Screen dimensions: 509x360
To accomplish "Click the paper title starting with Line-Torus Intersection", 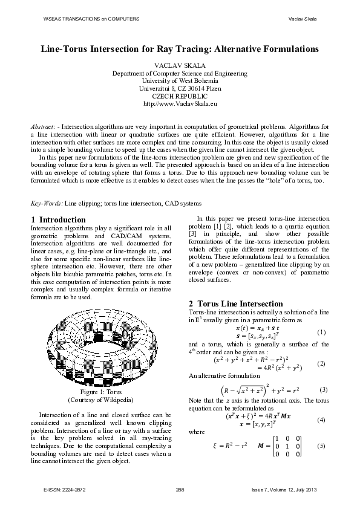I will coord(180,47).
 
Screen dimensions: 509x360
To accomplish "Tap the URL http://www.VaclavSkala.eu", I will coord(180,103).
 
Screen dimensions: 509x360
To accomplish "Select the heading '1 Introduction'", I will coord(58,219).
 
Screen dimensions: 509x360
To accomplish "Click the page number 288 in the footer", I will coord(180,490).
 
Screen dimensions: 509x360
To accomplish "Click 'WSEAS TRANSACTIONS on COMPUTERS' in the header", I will coord(91,19).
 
